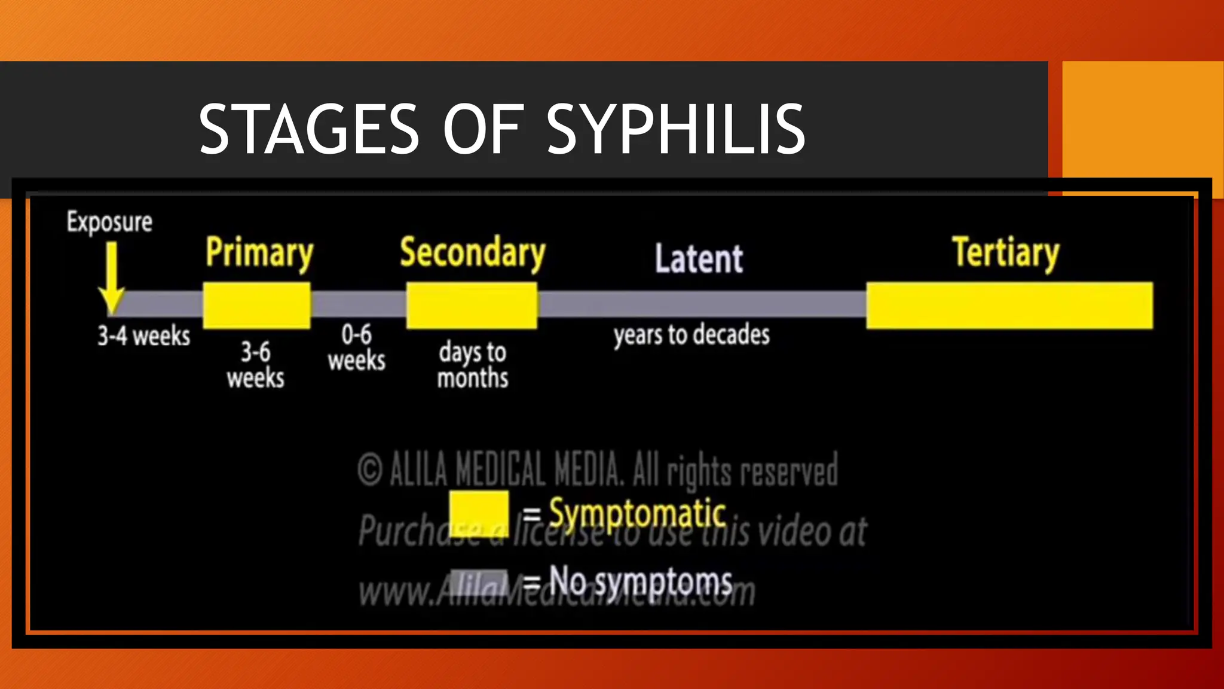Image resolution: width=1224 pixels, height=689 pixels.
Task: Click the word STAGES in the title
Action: point(308,129)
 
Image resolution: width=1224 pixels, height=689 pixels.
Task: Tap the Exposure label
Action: point(109,222)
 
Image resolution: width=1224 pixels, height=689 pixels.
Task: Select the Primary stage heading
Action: point(259,253)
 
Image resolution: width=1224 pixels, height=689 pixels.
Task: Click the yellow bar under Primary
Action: point(257,306)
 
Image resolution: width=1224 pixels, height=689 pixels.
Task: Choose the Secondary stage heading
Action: point(472,253)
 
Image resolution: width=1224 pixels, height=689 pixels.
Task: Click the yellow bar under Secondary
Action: point(472,306)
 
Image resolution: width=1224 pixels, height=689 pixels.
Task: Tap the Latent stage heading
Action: point(699,259)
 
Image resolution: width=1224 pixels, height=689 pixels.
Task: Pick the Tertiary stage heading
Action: point(1005,253)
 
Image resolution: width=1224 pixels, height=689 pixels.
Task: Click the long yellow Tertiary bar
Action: point(1009,306)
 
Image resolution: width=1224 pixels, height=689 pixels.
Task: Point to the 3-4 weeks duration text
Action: point(144,336)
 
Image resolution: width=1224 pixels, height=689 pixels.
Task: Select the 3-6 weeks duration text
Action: point(256,365)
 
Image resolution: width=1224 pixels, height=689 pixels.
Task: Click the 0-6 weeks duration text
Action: point(357,347)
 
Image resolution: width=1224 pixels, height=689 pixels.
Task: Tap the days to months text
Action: point(473,365)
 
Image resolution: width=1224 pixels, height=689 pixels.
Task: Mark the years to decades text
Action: point(691,335)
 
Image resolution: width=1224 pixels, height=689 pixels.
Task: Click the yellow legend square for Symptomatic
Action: point(479,513)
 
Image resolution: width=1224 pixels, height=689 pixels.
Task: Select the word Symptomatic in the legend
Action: point(637,513)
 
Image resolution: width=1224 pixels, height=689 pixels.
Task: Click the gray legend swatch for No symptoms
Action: point(479,582)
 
